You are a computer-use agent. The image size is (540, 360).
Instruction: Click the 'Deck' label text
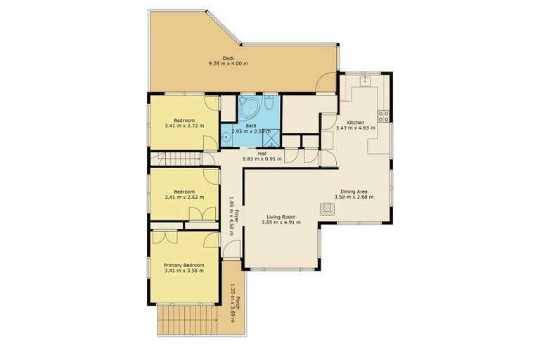228,58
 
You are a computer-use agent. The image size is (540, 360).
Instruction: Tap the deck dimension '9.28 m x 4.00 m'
228,64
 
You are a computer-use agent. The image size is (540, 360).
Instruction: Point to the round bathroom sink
225,137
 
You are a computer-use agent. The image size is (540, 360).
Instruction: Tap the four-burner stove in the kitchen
384,115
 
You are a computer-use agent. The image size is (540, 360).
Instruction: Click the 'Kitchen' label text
356,122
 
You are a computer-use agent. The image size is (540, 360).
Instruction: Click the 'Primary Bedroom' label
184,265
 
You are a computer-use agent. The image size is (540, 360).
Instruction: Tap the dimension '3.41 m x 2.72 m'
184,127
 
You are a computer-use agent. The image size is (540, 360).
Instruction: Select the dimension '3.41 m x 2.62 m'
184,197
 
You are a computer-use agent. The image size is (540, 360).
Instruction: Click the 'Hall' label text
262,153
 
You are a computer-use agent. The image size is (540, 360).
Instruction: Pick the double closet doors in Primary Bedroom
166,237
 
